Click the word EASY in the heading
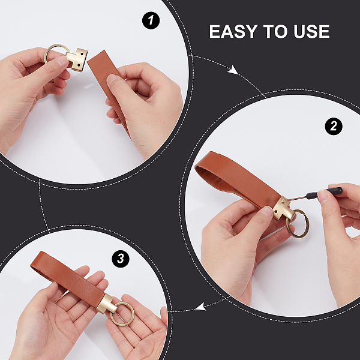(x=233, y=31)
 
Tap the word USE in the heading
(x=311, y=31)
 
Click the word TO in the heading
(x=275, y=31)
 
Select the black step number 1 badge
(x=151, y=20)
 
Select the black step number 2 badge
(x=334, y=126)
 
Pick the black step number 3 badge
(x=121, y=259)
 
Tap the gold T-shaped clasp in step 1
(x=77, y=59)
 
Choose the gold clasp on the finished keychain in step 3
(x=106, y=304)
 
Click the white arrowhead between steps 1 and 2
(x=233, y=70)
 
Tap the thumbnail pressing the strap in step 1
(x=112, y=79)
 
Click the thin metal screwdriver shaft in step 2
(x=298, y=198)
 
